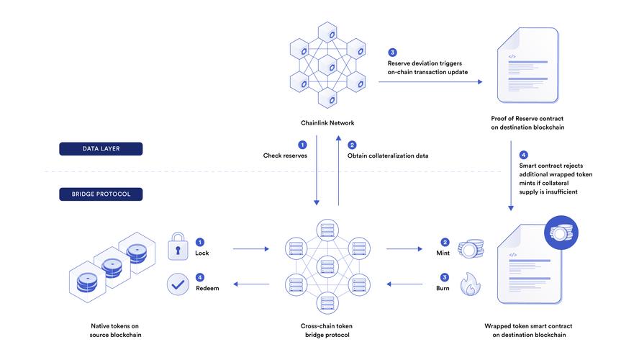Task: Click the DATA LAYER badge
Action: [101, 149]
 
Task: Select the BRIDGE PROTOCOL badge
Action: [101, 194]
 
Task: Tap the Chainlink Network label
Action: [327, 122]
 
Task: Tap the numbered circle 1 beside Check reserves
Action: [302, 145]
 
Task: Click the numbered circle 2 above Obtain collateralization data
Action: [352, 145]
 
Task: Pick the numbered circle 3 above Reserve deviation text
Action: [392, 53]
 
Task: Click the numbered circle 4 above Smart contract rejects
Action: [523, 154]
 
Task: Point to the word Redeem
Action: [208, 288]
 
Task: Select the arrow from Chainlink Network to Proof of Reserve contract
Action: [430, 82]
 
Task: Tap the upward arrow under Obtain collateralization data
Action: [337, 173]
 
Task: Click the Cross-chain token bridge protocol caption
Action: [327, 330]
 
